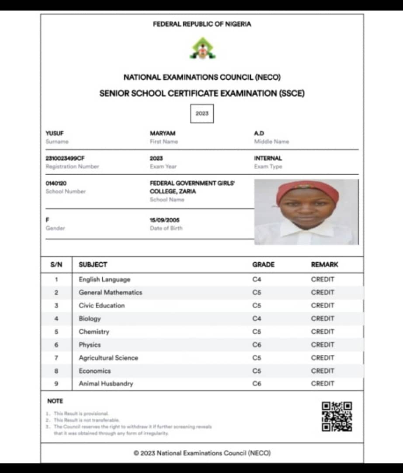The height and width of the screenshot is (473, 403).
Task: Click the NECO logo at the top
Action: (202, 49)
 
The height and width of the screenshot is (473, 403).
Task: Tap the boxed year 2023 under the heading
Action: (202, 113)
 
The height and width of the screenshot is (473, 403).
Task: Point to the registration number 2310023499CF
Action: (65, 158)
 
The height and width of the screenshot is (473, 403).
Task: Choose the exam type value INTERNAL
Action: (268, 158)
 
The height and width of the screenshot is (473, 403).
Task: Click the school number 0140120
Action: (56, 183)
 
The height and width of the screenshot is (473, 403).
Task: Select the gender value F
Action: (47, 220)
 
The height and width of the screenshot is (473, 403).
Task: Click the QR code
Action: (337, 417)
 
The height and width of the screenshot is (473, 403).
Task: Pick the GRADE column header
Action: (263, 265)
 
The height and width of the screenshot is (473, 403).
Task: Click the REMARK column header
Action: (324, 265)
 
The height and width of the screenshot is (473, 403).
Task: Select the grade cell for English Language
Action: (257, 279)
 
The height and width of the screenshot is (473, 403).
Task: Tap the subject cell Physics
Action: (90, 345)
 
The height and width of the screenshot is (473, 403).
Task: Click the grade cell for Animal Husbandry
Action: (257, 384)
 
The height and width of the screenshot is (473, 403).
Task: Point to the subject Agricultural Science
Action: (108, 358)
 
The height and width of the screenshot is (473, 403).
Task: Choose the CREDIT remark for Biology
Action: (323, 318)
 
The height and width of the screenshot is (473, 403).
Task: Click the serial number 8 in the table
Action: (56, 371)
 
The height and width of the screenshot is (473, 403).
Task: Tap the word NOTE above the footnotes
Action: (55, 401)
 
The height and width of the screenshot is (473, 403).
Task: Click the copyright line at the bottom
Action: (202, 453)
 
